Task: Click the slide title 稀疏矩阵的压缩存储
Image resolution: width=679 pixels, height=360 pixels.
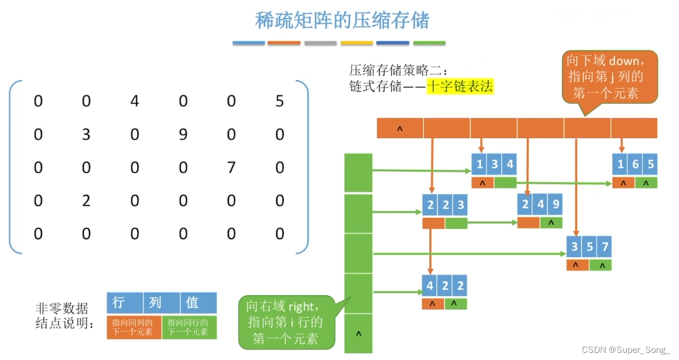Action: (x=342, y=20)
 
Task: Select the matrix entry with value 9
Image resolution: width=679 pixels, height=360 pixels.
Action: (x=183, y=134)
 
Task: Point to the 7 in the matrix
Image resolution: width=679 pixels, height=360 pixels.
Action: (x=231, y=167)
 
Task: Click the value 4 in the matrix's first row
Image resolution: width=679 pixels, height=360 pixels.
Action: (x=134, y=102)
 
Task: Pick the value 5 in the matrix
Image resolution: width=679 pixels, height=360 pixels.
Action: (x=279, y=102)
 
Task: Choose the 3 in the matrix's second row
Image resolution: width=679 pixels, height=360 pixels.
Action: (x=86, y=134)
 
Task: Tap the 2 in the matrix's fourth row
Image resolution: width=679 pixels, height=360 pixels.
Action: (x=86, y=201)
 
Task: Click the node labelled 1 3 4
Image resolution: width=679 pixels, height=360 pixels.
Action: (x=495, y=164)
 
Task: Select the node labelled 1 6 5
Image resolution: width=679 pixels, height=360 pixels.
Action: (x=635, y=164)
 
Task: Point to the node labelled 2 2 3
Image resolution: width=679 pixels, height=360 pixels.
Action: (x=445, y=205)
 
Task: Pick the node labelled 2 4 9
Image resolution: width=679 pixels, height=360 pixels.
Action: (x=540, y=205)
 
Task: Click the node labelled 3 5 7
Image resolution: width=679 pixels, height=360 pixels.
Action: (x=589, y=246)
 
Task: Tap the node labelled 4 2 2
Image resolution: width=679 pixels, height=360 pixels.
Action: (x=445, y=285)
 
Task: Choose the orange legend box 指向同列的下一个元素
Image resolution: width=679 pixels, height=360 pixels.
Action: (x=133, y=327)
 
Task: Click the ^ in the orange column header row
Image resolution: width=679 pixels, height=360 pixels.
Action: (x=400, y=128)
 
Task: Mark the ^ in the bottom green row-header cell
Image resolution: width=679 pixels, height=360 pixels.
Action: (x=358, y=333)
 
